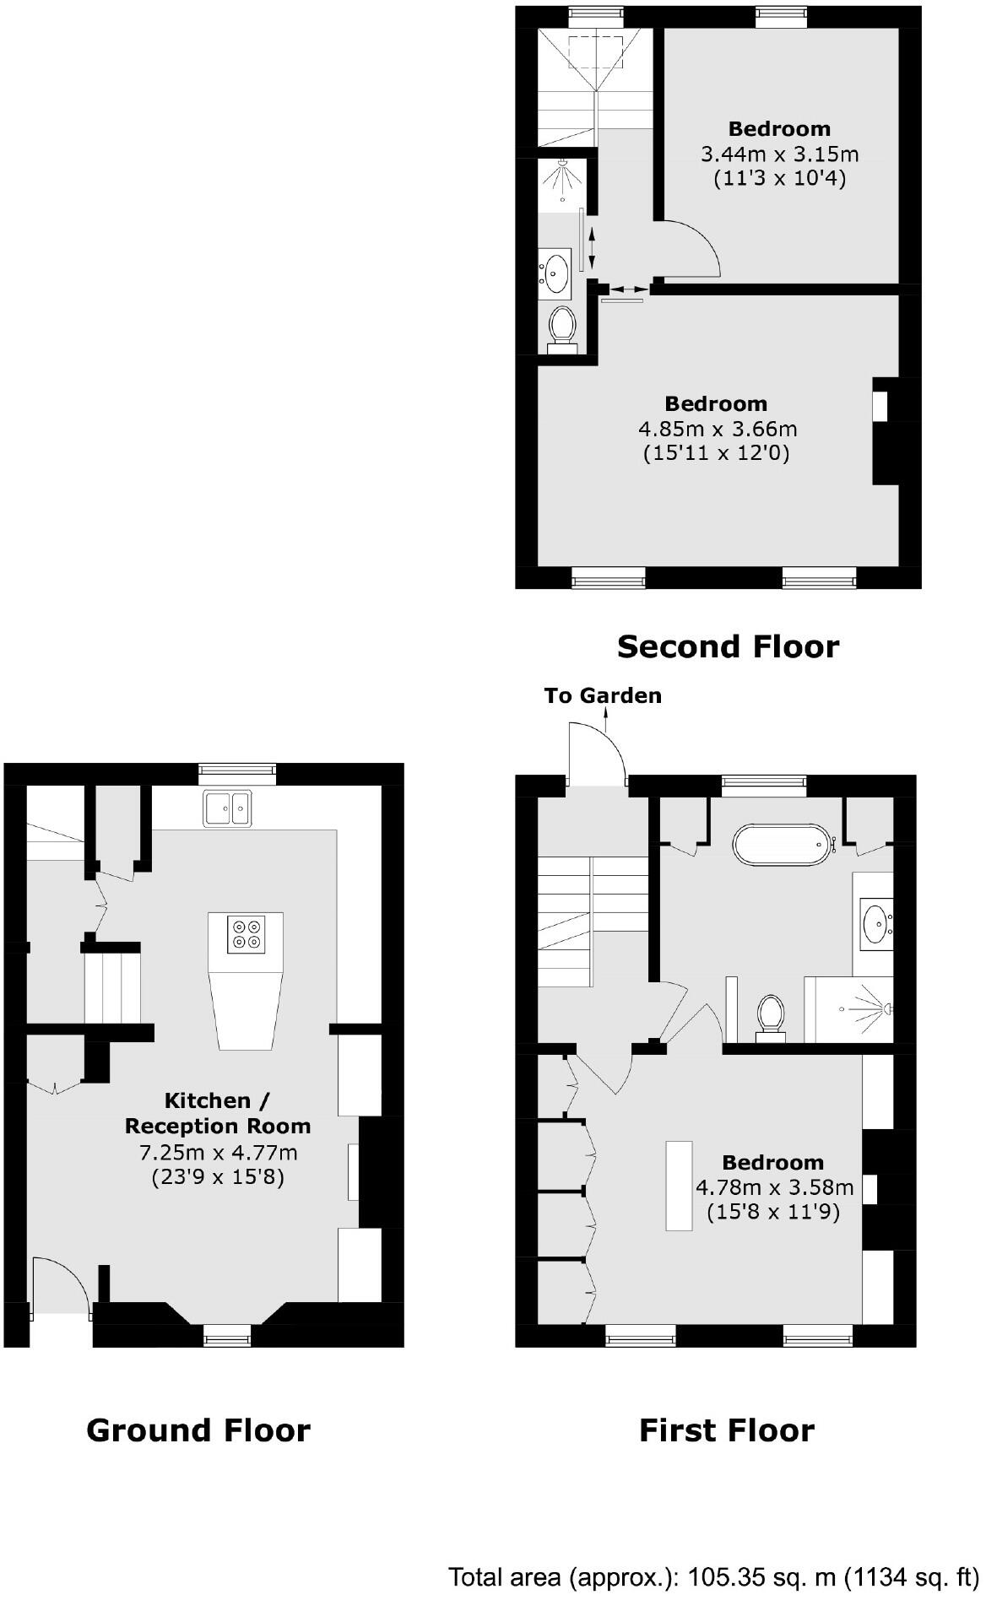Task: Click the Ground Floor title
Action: pyautogui.click(x=198, y=1430)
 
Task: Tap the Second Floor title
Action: pyautogui.click(x=728, y=646)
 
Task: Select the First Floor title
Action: pyautogui.click(x=726, y=1430)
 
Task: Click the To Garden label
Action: pyautogui.click(x=603, y=695)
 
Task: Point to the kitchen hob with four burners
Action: pyautogui.click(x=246, y=933)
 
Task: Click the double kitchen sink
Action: pyautogui.click(x=227, y=808)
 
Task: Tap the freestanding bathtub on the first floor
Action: pyautogui.click(x=781, y=844)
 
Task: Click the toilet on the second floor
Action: pyautogui.click(x=561, y=327)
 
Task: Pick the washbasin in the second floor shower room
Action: pyautogui.click(x=556, y=272)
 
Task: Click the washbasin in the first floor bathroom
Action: pyautogui.click(x=875, y=923)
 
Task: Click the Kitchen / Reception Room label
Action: pyautogui.click(x=218, y=1113)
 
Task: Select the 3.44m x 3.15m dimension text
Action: pyautogui.click(x=779, y=154)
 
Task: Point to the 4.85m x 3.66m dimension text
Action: pyautogui.click(x=717, y=429)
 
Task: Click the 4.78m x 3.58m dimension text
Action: pyautogui.click(x=774, y=1187)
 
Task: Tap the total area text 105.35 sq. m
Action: pyautogui.click(x=713, y=1576)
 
